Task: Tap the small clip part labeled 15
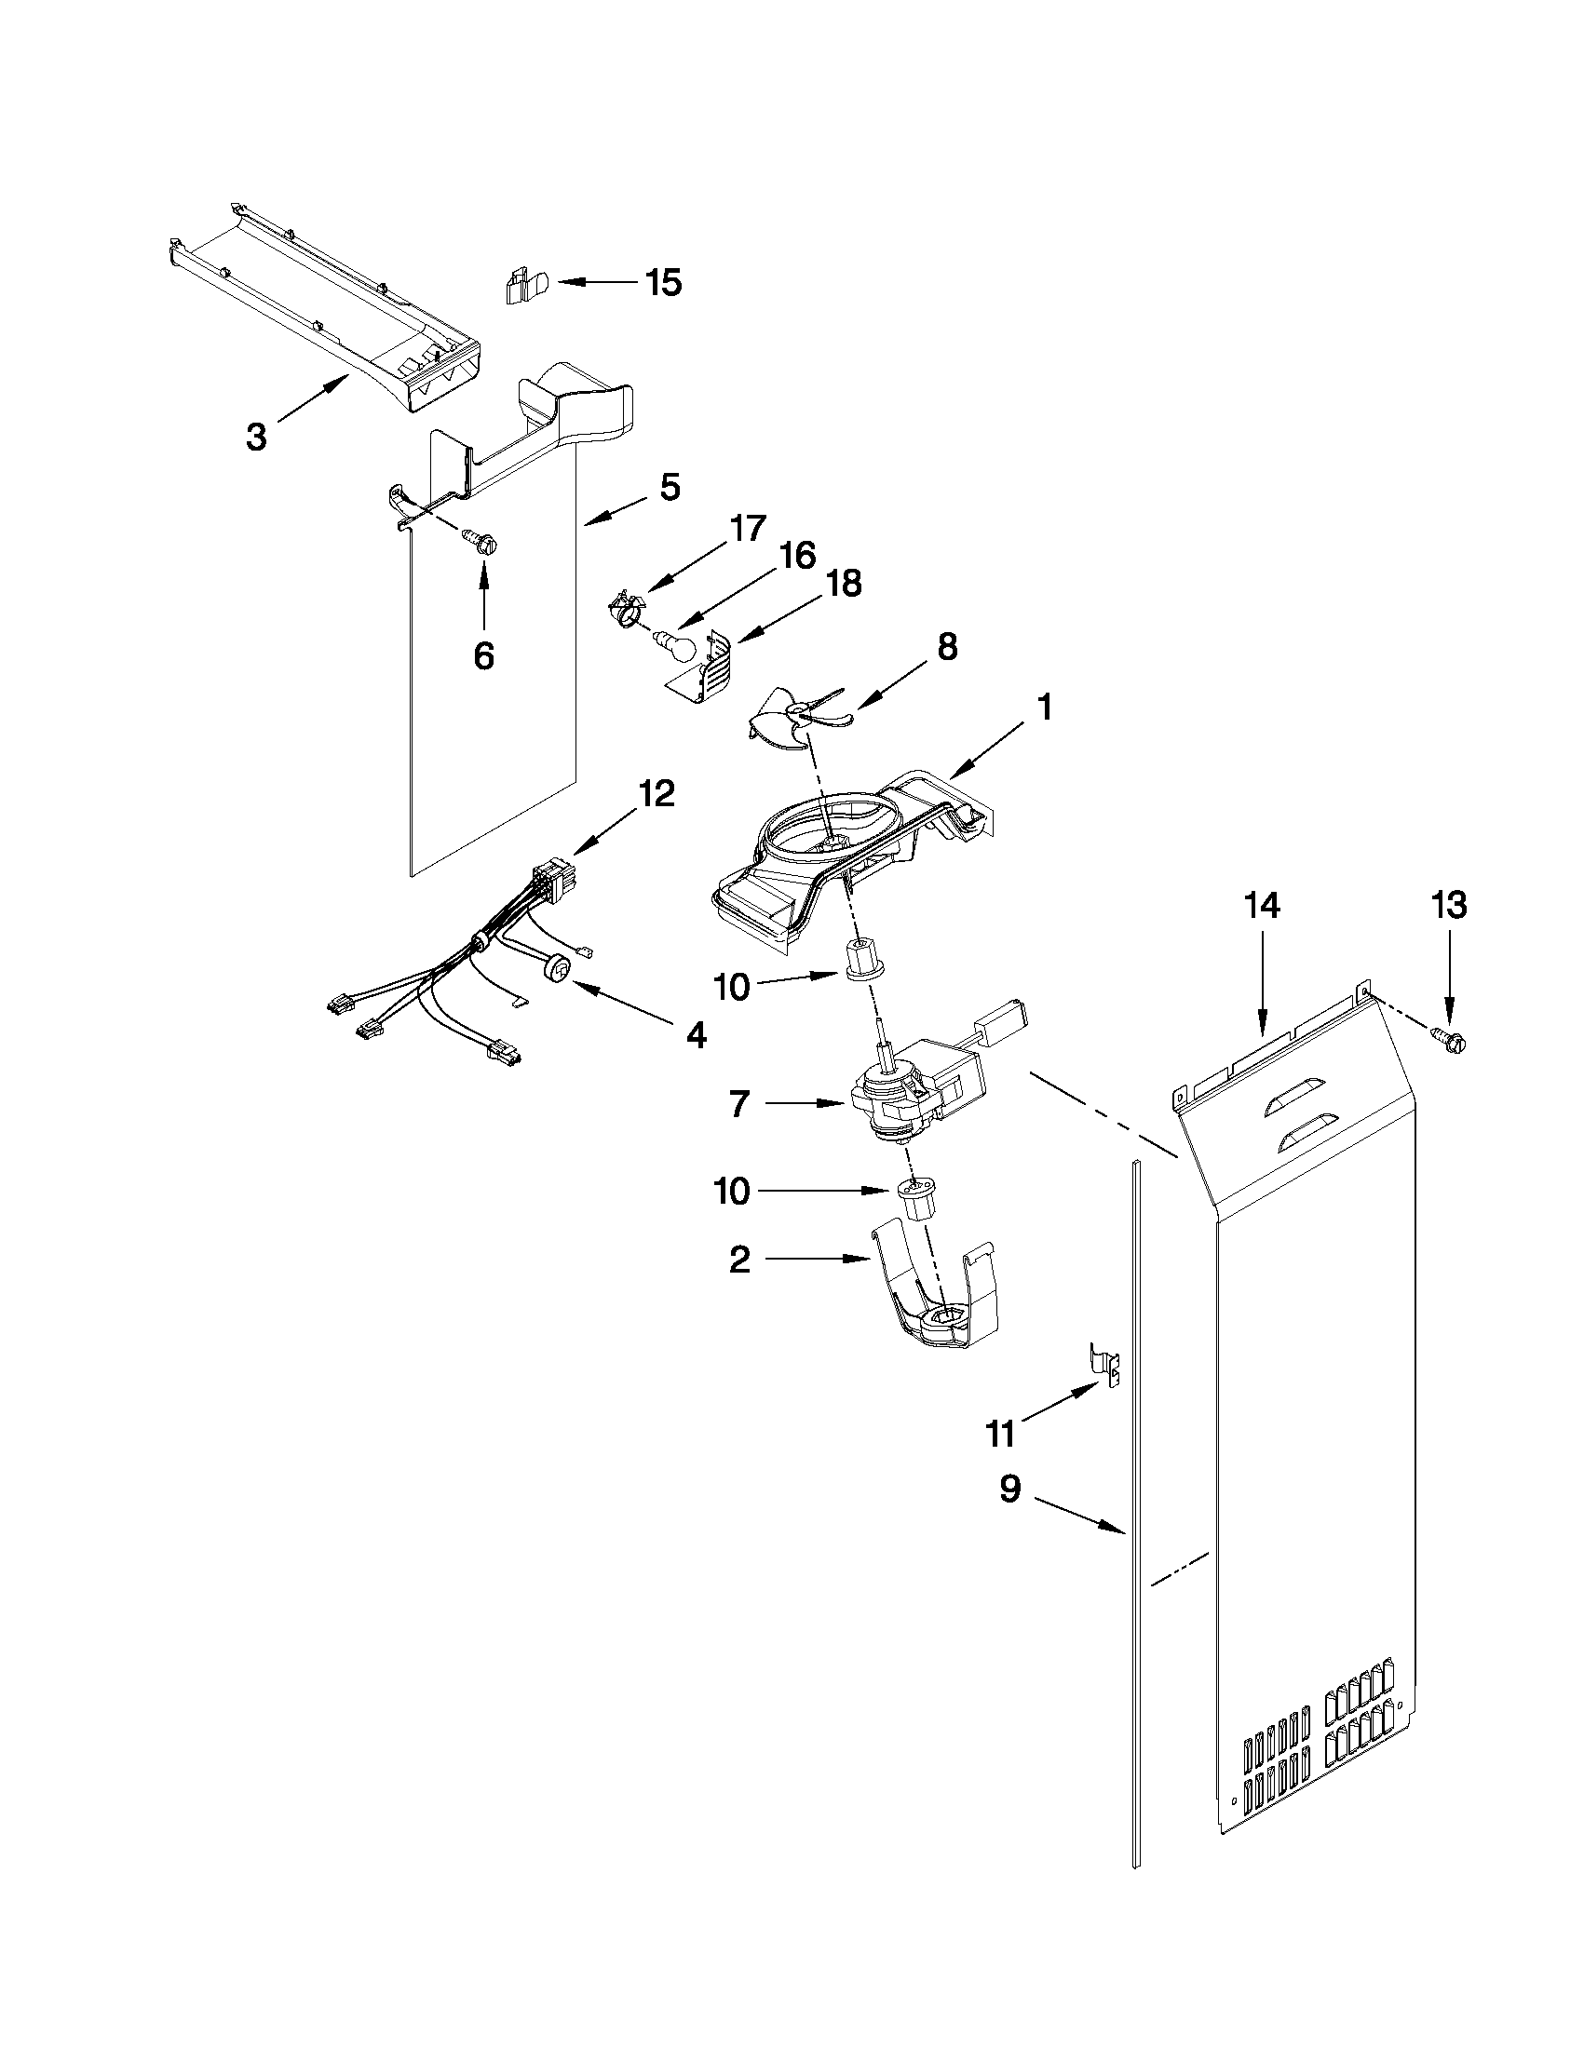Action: (x=519, y=286)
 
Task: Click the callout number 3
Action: (x=256, y=437)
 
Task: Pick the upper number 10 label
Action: (x=732, y=986)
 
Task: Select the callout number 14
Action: (x=1262, y=907)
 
